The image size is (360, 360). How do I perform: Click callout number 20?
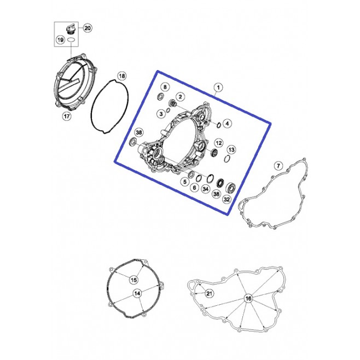[x=87, y=28]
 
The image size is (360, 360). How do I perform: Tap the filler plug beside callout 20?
[x=70, y=30]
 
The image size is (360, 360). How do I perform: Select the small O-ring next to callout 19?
[x=71, y=40]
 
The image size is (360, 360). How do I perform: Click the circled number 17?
[x=67, y=116]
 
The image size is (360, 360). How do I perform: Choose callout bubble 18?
[x=122, y=76]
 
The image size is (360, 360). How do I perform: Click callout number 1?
[x=218, y=87]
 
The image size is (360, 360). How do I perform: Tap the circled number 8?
[x=165, y=87]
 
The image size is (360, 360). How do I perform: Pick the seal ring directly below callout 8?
[x=160, y=97]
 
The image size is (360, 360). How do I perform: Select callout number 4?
[x=227, y=124]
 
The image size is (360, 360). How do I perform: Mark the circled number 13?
[x=231, y=150]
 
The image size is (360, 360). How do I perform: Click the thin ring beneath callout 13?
[x=227, y=159]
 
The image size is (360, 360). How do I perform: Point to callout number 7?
[x=278, y=166]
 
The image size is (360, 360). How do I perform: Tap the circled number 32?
[x=227, y=199]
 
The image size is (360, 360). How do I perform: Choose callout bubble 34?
[x=206, y=189]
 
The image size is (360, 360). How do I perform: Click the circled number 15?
[x=133, y=280]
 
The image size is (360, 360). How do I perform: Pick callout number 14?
[x=137, y=293]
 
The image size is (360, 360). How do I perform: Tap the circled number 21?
[x=209, y=293]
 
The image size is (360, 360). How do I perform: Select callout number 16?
[x=248, y=299]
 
